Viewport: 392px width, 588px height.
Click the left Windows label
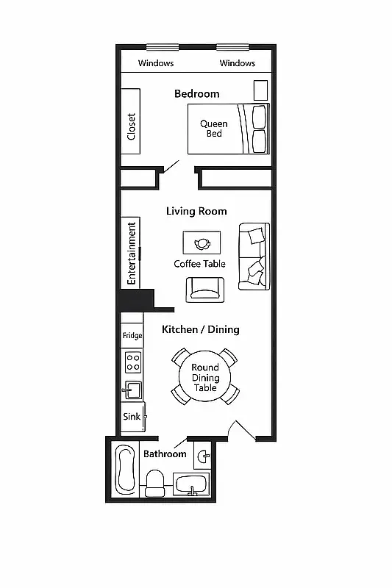click(156, 63)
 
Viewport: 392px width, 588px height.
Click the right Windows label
click(238, 63)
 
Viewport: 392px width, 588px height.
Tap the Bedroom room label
click(196, 93)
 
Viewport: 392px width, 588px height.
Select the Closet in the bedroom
click(132, 121)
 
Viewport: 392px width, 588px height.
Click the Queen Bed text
click(214, 129)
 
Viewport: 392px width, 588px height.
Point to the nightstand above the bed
click(260, 90)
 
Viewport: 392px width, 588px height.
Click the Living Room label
click(196, 211)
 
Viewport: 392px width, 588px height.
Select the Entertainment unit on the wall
click(132, 253)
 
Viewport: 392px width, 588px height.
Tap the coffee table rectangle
click(202, 243)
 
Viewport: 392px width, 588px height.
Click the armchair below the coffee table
click(204, 290)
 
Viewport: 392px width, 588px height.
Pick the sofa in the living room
click(254, 254)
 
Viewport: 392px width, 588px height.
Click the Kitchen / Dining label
click(201, 329)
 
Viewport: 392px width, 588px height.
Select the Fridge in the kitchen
click(132, 335)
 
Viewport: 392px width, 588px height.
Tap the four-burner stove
click(133, 362)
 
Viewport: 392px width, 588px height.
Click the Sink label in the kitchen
click(132, 417)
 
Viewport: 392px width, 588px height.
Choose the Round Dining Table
click(205, 377)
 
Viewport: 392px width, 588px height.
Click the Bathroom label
click(165, 453)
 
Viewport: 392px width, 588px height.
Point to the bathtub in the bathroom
click(124, 470)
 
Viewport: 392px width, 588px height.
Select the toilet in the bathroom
click(155, 483)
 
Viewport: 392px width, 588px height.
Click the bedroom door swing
click(171, 165)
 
